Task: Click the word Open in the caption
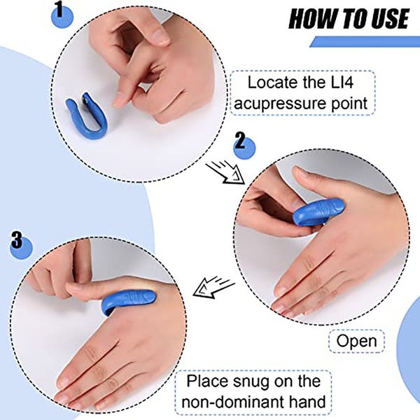356,341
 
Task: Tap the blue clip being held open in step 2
318,211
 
